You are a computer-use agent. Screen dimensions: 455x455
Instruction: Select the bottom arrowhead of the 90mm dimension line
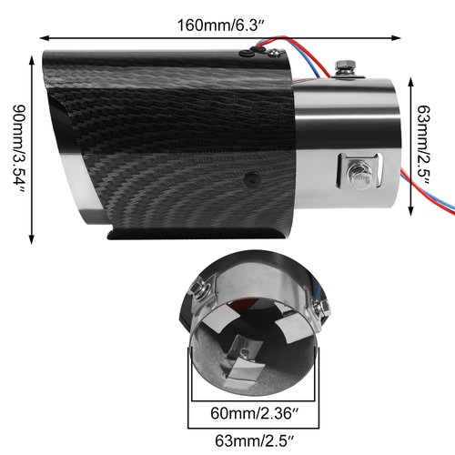tap(34, 235)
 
